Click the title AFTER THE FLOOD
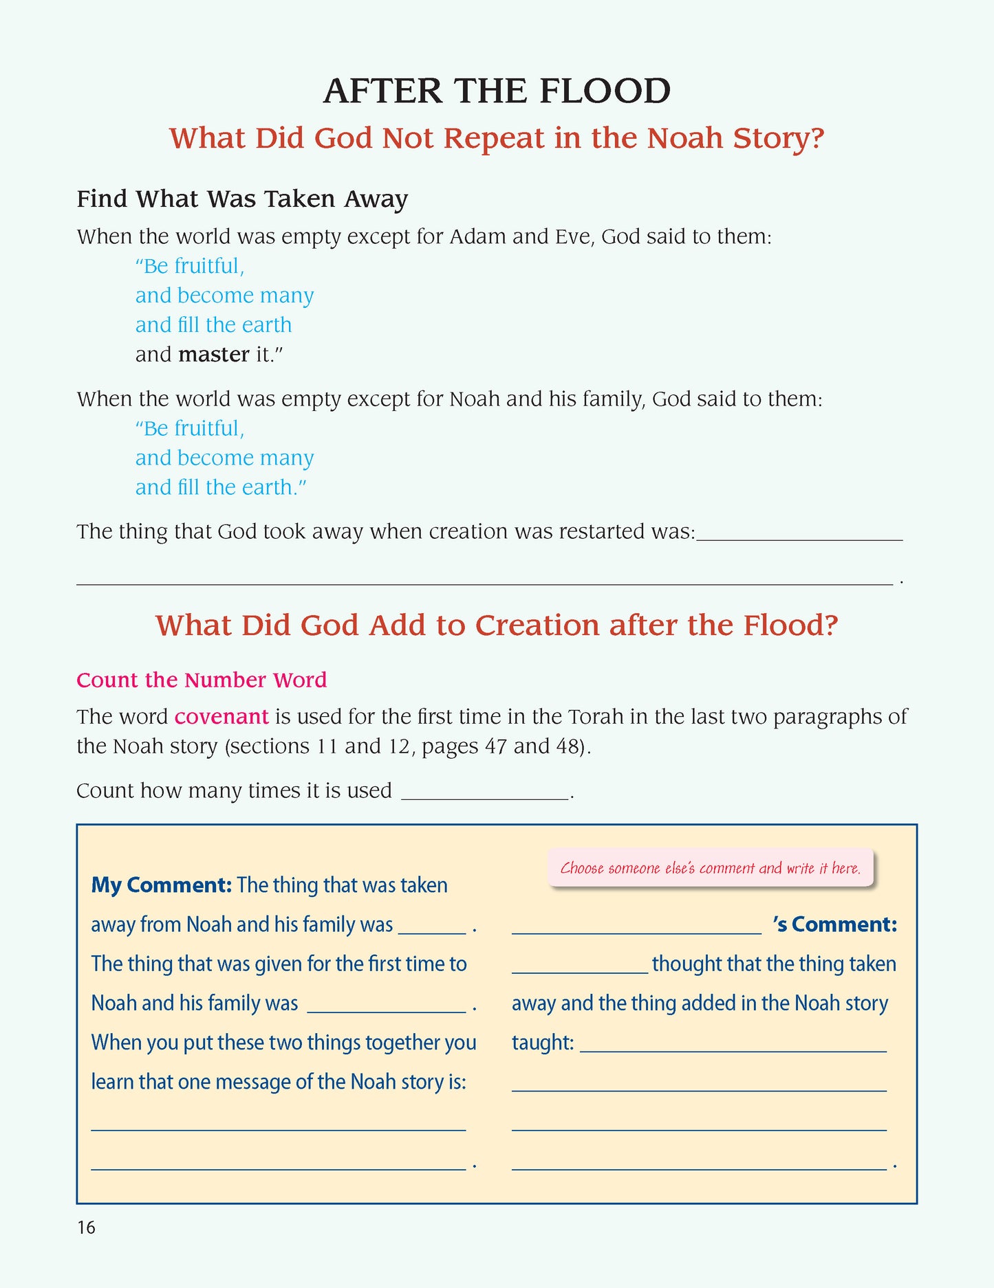[497, 91]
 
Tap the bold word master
[213, 355]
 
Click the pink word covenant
[222, 717]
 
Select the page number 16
[86, 1228]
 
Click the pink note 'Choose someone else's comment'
[710, 868]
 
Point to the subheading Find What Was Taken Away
[242, 199]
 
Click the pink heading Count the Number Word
[202, 680]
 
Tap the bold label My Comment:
[161, 885]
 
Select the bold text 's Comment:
[835, 924]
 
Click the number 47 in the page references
[495, 746]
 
